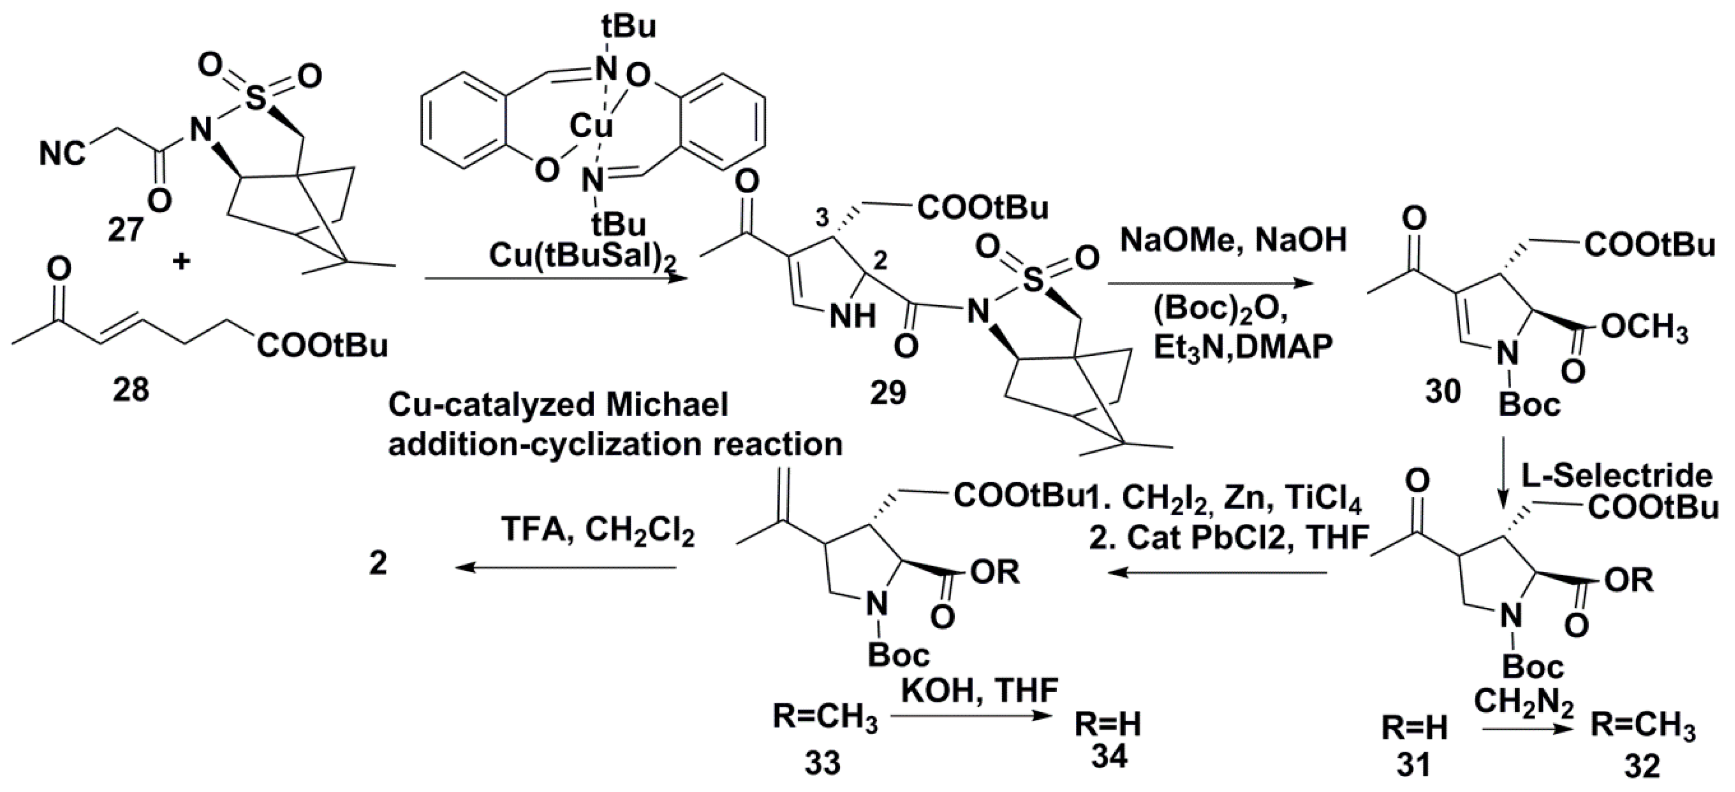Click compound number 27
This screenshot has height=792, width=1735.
(125, 230)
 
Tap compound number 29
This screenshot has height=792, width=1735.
(888, 392)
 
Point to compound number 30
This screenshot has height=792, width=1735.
(1443, 391)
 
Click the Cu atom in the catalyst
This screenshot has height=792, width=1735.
(591, 125)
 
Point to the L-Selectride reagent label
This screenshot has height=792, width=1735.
(1616, 476)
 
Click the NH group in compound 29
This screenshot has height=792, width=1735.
(853, 315)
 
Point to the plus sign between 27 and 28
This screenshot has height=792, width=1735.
(180, 261)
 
